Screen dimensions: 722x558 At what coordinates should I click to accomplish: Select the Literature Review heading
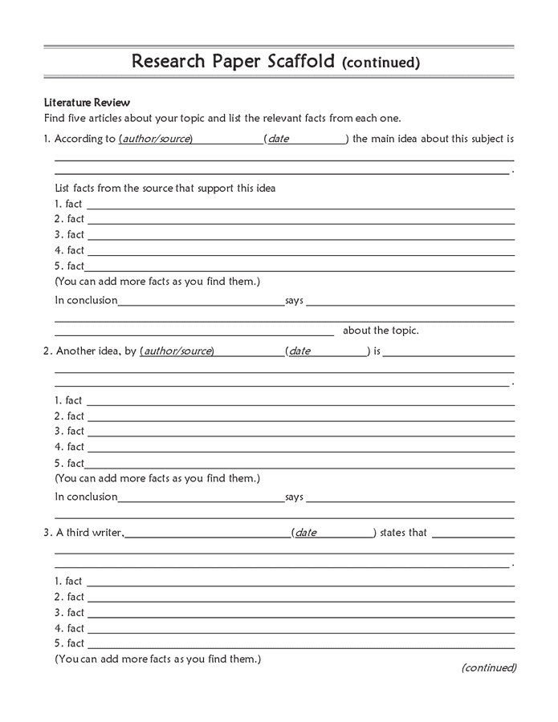point(87,103)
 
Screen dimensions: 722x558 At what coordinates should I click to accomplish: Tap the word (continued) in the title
point(381,62)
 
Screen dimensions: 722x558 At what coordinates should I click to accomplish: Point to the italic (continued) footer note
point(489,667)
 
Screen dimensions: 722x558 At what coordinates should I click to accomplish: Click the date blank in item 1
point(305,139)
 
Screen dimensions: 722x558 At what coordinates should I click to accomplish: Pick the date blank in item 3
point(333,533)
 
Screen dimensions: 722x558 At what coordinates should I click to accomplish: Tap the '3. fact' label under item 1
point(69,235)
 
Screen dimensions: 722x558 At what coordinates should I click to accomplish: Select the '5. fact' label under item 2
point(69,463)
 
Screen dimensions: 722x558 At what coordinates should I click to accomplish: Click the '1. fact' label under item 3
point(69,581)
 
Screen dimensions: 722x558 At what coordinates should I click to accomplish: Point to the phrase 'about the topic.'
point(381,331)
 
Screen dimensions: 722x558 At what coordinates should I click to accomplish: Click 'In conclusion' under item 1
point(86,301)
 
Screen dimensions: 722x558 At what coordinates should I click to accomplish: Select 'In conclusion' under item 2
point(86,497)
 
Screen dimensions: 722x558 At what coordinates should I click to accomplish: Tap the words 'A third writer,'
point(89,533)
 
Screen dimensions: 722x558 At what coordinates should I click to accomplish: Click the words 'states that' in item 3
point(403,533)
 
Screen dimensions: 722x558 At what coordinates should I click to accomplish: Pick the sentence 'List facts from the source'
point(165,189)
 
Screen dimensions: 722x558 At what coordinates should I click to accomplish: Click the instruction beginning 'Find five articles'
point(222,119)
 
